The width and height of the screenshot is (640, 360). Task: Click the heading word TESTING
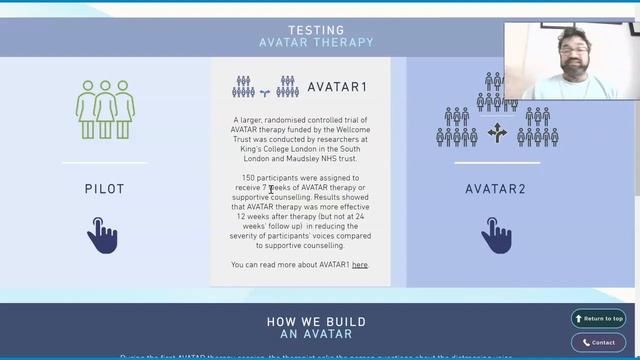[316, 30]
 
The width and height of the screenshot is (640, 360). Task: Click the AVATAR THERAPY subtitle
[316, 43]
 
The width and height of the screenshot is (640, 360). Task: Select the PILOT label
[104, 189]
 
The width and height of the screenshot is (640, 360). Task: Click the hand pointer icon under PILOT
[103, 235]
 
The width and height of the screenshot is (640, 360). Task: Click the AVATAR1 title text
[337, 87]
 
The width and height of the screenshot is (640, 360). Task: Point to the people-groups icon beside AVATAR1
[265, 87]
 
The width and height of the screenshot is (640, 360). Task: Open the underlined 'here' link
[360, 265]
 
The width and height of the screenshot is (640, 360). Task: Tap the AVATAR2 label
[495, 189]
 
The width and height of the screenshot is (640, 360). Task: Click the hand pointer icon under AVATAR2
[496, 235]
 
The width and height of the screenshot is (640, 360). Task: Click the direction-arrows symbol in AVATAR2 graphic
[497, 132]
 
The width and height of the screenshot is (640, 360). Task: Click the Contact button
[598, 342]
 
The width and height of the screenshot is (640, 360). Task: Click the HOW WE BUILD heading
[316, 322]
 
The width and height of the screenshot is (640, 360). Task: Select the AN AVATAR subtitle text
[316, 334]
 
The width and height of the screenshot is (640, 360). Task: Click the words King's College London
[267, 148]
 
